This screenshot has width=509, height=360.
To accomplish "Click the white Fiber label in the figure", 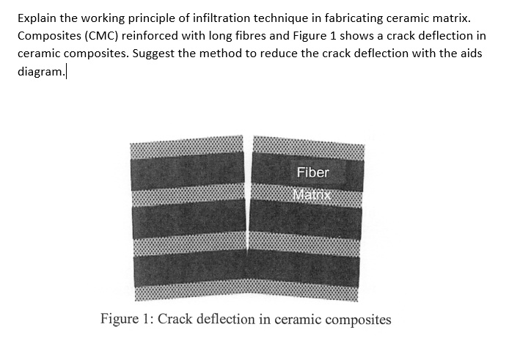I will pos(313,172).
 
